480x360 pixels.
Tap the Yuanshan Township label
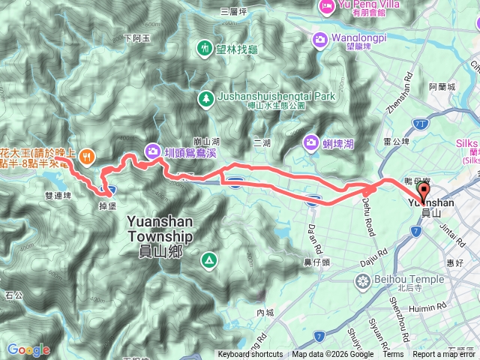160,228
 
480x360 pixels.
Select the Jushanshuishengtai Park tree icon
205,98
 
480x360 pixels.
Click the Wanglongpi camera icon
321,37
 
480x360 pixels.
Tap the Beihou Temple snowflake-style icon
363,281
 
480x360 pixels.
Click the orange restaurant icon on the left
88,156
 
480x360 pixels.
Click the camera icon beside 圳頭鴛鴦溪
152,148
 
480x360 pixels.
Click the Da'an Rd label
317,238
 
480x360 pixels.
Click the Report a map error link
445,355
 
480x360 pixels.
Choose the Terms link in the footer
393,355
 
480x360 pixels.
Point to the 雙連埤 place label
57,195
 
